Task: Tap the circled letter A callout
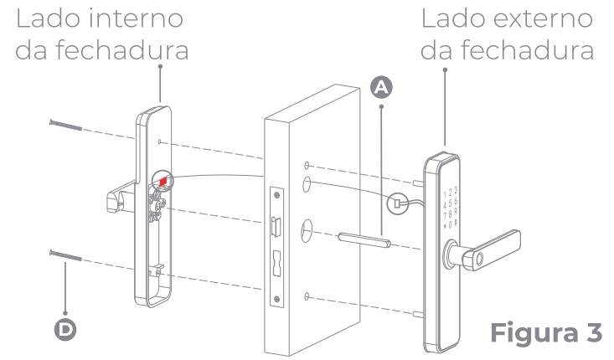coord(382,85)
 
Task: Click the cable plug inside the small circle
coord(397,201)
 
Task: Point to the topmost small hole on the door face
coord(308,164)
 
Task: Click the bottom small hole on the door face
coord(308,296)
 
